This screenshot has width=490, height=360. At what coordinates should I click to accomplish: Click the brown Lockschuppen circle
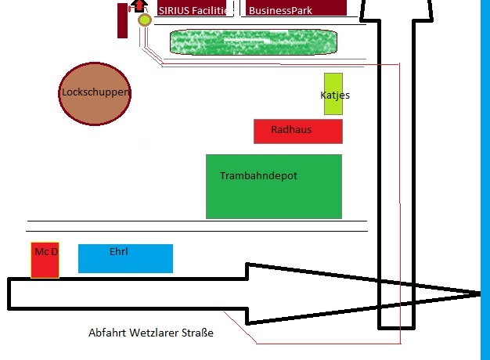[95, 92]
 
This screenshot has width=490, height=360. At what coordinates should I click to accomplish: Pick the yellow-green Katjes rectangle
[333, 94]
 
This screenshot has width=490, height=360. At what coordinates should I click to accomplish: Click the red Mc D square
[45, 261]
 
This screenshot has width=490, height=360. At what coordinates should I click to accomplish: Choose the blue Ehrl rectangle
[125, 259]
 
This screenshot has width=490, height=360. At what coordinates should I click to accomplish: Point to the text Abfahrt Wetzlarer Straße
[151, 333]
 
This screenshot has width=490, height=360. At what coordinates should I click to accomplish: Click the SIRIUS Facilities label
[194, 10]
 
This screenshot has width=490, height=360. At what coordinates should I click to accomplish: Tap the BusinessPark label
[280, 10]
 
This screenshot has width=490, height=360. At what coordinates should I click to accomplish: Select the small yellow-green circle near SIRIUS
[144, 20]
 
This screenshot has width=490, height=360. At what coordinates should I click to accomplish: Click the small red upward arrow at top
[139, 5]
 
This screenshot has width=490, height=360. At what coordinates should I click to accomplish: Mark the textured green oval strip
[254, 42]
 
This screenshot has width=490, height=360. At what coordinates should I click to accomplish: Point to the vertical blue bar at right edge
[485, 180]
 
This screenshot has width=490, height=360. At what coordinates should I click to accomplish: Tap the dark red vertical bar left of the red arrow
[122, 20]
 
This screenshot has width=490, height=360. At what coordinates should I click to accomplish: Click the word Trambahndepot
[258, 175]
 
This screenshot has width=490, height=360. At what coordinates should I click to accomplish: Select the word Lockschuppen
[95, 92]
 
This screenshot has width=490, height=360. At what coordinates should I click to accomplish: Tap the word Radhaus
[291, 129]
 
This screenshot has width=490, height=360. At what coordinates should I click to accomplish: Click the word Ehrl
[119, 252]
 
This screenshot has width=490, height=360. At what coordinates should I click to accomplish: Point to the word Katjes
[335, 95]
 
